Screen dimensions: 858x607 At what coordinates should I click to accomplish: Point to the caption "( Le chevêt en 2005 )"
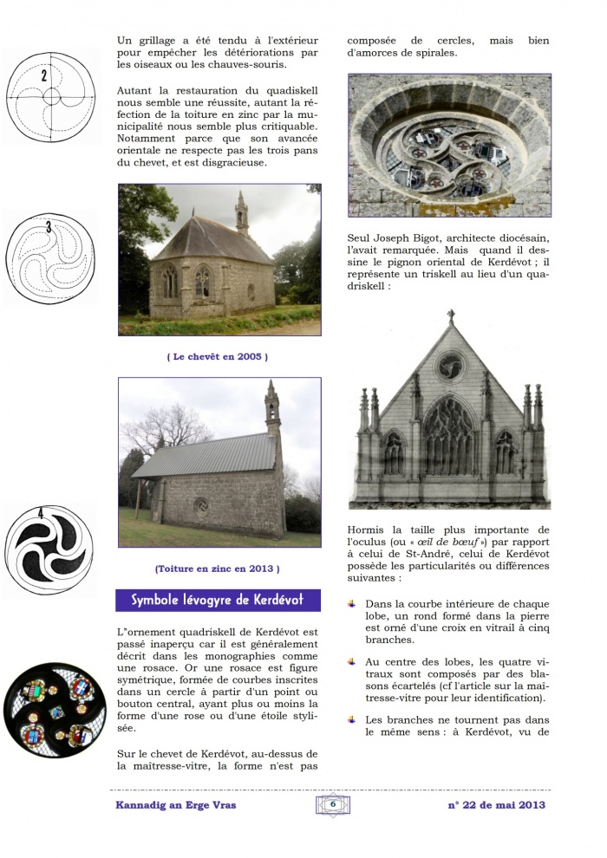pos(218,356)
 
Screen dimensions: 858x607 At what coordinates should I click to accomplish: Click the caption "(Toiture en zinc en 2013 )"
pos(218,569)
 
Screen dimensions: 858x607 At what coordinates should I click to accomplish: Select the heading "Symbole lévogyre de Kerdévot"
pos(218,600)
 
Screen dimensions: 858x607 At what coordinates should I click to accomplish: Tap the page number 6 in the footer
pos(332,803)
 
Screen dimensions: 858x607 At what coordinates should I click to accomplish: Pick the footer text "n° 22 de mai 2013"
pos(496,804)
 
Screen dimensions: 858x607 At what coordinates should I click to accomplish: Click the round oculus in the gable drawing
pos(450,367)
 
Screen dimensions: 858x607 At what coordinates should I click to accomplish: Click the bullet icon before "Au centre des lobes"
pos(352,661)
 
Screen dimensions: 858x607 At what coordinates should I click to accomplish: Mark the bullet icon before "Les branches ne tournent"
pos(352,718)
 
